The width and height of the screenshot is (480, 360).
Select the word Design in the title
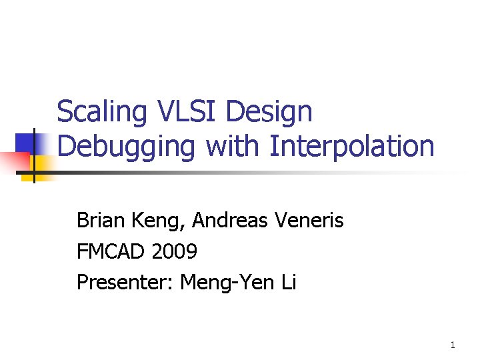click(x=269, y=113)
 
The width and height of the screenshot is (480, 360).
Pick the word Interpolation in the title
click(x=352, y=147)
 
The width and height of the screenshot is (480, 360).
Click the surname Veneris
click(x=311, y=220)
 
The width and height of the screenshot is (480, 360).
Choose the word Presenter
click(x=117, y=283)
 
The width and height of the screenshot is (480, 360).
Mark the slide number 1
click(x=453, y=345)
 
